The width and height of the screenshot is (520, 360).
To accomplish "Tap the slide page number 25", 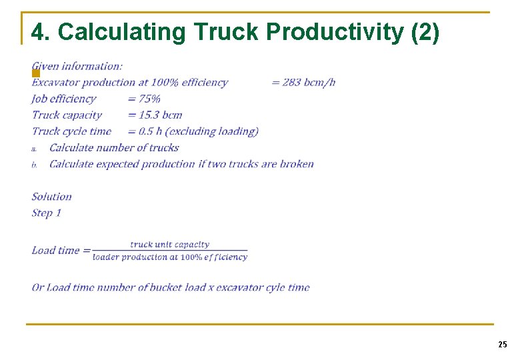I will click(x=502, y=344).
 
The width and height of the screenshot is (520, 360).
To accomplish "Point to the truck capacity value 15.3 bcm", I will click(x=160, y=115).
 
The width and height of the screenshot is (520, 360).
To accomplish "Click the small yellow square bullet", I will click(x=36, y=72).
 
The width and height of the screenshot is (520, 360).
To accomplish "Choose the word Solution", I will click(x=51, y=197).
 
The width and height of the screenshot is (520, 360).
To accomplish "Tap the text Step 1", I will click(x=47, y=213).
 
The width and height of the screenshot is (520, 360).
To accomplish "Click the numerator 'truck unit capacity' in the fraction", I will click(x=169, y=245).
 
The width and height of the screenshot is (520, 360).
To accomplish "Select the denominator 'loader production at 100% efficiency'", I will click(x=169, y=257).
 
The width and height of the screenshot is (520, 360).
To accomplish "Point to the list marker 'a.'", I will click(x=35, y=149).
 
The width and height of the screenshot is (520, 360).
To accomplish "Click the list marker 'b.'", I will click(x=35, y=165).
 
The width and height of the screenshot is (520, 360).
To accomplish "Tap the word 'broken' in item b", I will click(x=297, y=164).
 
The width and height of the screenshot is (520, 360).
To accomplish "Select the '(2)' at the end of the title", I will click(x=425, y=32).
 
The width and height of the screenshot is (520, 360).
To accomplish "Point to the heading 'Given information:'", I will click(x=77, y=66).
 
